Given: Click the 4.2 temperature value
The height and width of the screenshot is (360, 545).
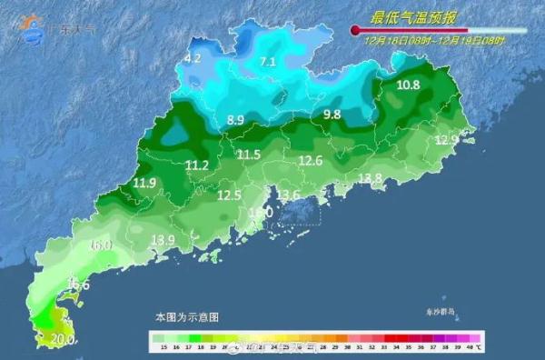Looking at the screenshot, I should click(x=193, y=58).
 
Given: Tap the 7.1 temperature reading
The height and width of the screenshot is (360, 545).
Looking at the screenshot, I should click(x=267, y=62).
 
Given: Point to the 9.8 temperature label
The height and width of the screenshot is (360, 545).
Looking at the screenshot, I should click(x=332, y=115).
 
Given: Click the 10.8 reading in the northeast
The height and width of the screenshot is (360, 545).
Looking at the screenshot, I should click(x=409, y=85).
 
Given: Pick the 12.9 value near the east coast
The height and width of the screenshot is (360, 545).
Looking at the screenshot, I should click(x=445, y=140).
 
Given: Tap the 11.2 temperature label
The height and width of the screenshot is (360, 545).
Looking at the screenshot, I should click(x=197, y=165).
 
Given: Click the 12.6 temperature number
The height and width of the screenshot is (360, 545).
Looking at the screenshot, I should click(x=311, y=161).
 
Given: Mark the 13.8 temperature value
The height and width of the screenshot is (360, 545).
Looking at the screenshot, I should click(x=370, y=178).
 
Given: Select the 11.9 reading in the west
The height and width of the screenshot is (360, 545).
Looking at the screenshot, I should click(x=144, y=184).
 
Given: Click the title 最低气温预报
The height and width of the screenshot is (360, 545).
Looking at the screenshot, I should click(x=413, y=15).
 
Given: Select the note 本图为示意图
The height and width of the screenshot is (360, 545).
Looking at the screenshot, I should click(x=187, y=317).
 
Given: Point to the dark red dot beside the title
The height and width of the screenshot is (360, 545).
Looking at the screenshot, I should click(x=355, y=31).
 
